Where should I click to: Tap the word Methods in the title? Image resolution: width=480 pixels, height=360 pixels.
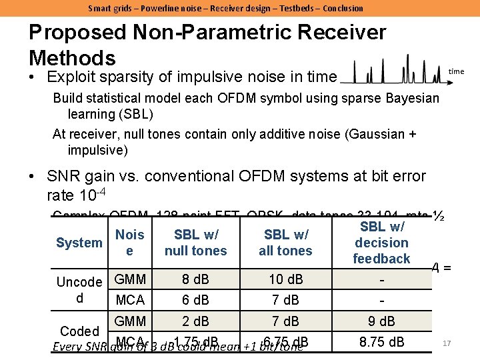tap(72, 57)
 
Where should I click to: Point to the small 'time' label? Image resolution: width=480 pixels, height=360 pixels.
tap(456, 71)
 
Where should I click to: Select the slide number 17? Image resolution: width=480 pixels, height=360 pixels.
tap(447, 343)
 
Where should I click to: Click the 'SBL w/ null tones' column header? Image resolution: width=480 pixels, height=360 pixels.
tap(195, 243)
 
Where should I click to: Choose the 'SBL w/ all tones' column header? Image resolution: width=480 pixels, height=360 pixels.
tap(285, 243)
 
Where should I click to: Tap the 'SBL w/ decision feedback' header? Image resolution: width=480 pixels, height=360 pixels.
tap(381, 243)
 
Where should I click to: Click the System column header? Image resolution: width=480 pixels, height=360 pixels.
tap(79, 243)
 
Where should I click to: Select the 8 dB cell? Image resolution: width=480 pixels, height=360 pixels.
tap(195, 279)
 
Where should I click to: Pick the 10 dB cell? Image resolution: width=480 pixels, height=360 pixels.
tap(285, 279)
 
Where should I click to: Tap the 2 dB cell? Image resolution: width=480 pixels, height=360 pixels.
tap(195, 321)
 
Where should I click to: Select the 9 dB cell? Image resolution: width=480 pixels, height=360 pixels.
tap(381, 321)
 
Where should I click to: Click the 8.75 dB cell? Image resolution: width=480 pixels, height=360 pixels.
tap(381, 343)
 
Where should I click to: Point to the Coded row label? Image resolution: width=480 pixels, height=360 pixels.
tap(79, 331)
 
